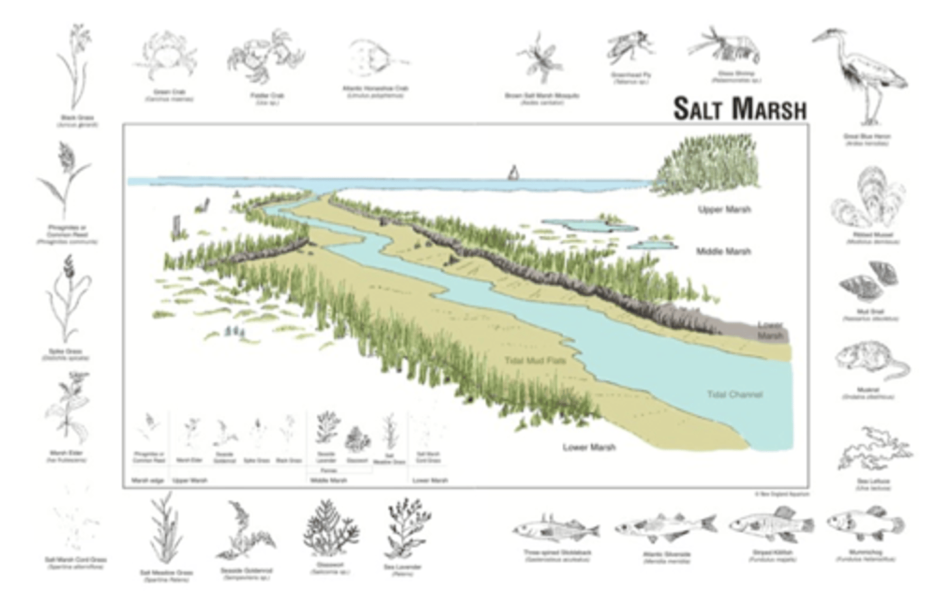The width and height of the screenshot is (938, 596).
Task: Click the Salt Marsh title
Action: (x=739, y=109)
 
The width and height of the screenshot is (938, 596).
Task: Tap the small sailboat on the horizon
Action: (x=513, y=172)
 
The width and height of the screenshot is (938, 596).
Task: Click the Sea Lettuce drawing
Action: (x=873, y=449)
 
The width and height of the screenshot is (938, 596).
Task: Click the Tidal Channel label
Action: (x=734, y=395)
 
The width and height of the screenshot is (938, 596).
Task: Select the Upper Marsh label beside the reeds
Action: (x=724, y=210)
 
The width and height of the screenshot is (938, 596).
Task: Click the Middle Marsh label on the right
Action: (x=723, y=251)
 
